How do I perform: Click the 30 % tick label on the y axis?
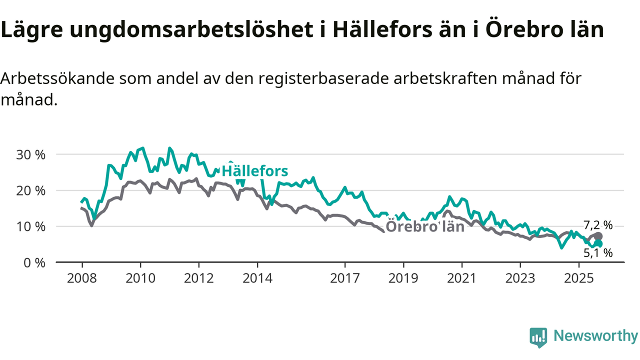pos(31,154)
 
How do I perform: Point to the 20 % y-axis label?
pos(31,190)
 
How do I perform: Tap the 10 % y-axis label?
pos(31,226)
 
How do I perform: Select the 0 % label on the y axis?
pos(34,262)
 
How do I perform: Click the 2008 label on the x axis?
pos(81,277)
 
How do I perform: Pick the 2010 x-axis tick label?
pos(140,277)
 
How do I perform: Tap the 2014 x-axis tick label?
pos(257,277)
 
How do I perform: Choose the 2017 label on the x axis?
pos(345,277)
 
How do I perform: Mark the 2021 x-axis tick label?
pos(462,277)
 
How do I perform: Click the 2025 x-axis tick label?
pos(578,277)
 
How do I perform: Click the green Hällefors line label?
pos(255,171)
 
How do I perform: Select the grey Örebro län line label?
pos(425,227)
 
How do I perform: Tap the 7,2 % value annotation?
pos(597,224)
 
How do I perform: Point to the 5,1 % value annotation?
pos(597,253)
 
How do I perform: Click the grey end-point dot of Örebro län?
pos(599,236)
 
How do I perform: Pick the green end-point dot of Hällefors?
pos(598,244)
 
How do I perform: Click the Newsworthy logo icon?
pos(538,337)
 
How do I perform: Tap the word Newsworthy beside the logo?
pos(595,336)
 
